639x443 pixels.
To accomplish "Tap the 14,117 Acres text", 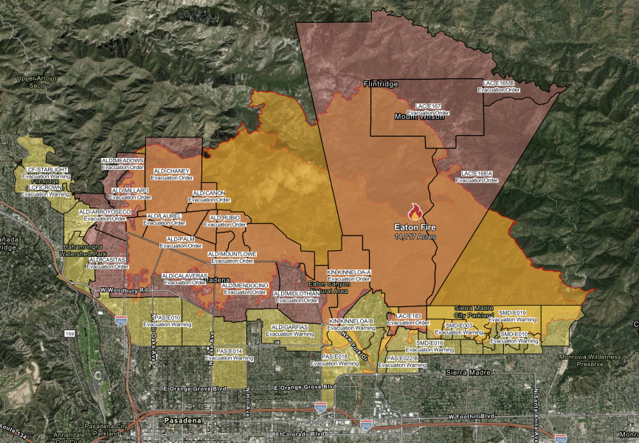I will (x=415, y=237).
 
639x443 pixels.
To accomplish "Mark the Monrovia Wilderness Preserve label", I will (x=600, y=360).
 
